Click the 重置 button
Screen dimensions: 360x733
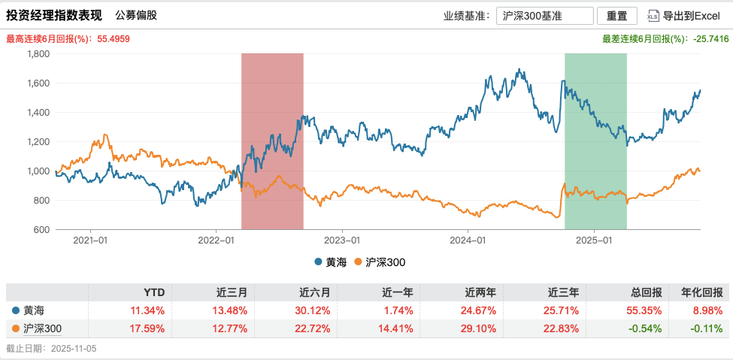pyautogui.click(x=616, y=15)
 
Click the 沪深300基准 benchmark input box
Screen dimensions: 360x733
pyautogui.click(x=544, y=15)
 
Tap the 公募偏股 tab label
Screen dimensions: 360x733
pyautogui.click(x=137, y=15)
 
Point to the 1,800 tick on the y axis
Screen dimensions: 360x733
pyautogui.click(x=38, y=54)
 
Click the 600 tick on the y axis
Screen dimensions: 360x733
pyautogui.click(x=41, y=229)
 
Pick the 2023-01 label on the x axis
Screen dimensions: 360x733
pyautogui.click(x=342, y=241)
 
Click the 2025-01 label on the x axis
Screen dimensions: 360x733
pyautogui.click(x=594, y=241)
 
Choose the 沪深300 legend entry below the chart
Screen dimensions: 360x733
pyautogui.click(x=384, y=262)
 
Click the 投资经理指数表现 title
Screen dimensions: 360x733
pyautogui.click(x=54, y=15)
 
